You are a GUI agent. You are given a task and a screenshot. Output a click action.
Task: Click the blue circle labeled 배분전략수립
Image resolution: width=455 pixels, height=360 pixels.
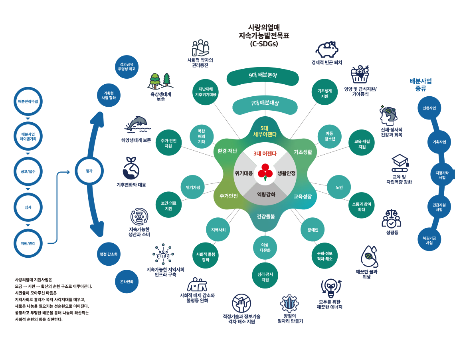pos(28,101)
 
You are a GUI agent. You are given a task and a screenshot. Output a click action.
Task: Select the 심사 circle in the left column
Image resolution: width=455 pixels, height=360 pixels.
pos(28,207)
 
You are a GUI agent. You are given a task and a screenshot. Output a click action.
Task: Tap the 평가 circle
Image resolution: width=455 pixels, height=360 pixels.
pos(89,171)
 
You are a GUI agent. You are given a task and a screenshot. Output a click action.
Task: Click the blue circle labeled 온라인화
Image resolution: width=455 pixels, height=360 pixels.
pos(127,281)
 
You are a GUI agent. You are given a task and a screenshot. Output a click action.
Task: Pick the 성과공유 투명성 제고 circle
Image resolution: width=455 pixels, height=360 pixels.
pos(127,67)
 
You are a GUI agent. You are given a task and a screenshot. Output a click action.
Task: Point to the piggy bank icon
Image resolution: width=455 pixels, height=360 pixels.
pos(327,50)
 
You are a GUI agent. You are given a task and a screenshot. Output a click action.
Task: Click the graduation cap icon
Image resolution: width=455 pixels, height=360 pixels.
pos(400,161)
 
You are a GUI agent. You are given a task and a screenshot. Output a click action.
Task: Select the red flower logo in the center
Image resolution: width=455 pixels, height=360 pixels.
pos(265,171)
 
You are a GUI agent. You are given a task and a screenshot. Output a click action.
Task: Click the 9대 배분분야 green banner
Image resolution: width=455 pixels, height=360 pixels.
pos(263,76)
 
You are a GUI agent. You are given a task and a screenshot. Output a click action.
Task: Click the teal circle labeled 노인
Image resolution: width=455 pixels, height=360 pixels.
pos(339,187)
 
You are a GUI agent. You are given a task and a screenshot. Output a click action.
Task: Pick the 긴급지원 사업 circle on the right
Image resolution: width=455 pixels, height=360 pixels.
pos(439,207)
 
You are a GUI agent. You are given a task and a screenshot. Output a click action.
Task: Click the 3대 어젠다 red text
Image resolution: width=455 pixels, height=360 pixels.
pos(265,154)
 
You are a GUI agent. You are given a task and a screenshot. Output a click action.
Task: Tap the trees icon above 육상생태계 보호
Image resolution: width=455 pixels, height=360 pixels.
pos(160,81)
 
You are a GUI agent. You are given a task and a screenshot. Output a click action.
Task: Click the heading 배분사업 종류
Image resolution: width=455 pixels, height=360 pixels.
pos(421,85)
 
